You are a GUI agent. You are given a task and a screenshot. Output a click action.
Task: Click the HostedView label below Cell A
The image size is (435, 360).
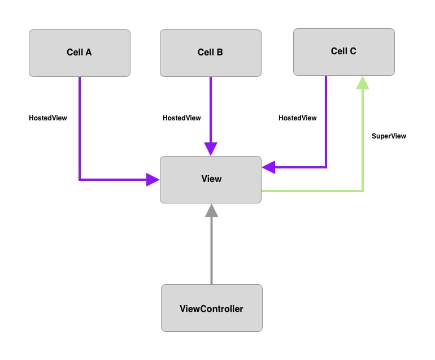[48, 118]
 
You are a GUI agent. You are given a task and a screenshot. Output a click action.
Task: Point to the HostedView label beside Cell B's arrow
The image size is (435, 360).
[181, 118]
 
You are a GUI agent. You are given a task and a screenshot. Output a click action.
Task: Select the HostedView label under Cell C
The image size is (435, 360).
[297, 118]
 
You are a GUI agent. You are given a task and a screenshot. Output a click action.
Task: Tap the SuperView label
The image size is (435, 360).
[389, 136]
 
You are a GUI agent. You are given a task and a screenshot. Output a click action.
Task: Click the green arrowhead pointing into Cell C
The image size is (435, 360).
[363, 83]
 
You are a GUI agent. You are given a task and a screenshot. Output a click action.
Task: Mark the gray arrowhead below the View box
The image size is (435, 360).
[211, 211]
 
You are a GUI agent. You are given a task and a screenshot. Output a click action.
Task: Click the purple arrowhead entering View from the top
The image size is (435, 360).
[211, 149]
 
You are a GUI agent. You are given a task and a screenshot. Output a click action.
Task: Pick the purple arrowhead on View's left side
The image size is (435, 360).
[153, 180]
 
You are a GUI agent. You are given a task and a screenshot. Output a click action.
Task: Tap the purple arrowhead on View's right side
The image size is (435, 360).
[269, 167]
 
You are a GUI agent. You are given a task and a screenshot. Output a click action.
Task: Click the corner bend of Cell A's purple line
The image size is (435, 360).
[80, 180]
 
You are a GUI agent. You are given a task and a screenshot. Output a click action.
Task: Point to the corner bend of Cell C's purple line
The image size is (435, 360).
[326, 167]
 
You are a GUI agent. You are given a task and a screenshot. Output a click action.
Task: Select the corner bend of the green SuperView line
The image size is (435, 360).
[363, 191]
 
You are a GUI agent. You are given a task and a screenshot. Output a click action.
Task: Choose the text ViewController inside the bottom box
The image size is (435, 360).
[211, 309]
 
